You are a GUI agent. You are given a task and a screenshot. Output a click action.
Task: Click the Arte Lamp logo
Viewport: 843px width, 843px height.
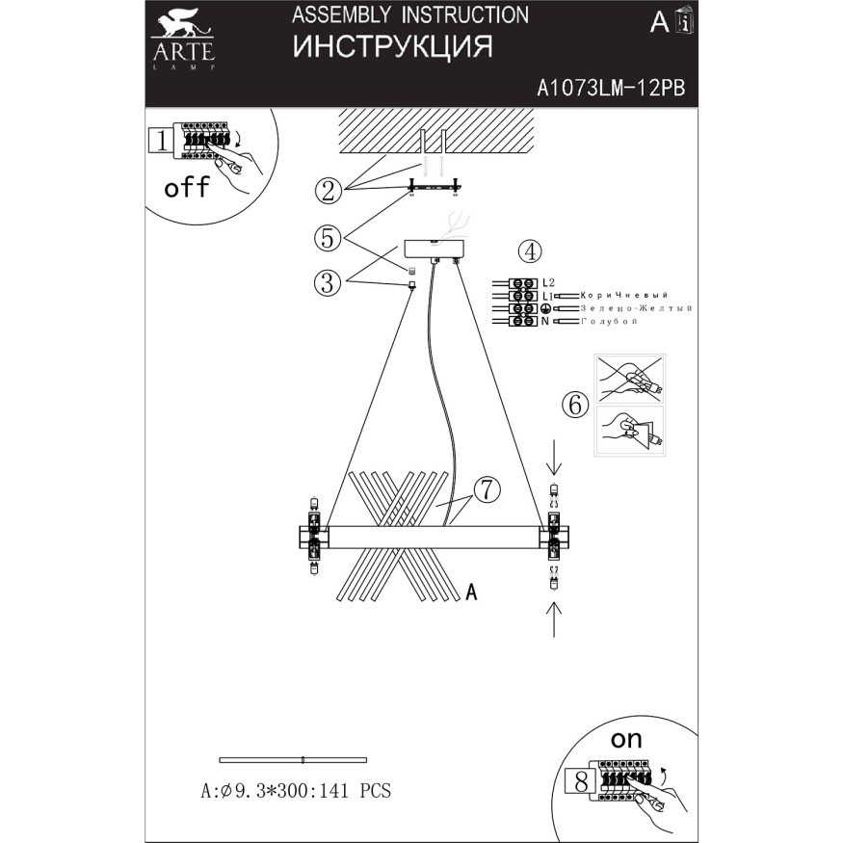pyautogui.click(x=182, y=40)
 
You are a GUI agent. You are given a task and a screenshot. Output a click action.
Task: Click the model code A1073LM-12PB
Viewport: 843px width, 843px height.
pyautogui.click(x=610, y=89)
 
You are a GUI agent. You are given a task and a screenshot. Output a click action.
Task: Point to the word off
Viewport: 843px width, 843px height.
pyautogui.click(x=186, y=187)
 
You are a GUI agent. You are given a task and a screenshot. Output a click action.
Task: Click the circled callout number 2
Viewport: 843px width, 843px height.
pyautogui.click(x=329, y=190)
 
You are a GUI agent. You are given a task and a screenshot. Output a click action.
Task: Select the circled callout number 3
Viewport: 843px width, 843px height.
pyautogui.click(x=329, y=282)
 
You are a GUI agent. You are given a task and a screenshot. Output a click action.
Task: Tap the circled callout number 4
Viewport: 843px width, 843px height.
pyautogui.click(x=529, y=251)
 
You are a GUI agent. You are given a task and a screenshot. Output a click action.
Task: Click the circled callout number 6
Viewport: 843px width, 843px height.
pyautogui.click(x=575, y=405)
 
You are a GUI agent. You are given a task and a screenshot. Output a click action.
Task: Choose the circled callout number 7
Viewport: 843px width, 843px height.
pyautogui.click(x=487, y=490)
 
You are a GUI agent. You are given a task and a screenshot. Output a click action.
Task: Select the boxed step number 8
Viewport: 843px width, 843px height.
pyautogui.click(x=581, y=779)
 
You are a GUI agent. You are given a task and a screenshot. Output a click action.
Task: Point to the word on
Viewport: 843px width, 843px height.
pyautogui.click(x=626, y=741)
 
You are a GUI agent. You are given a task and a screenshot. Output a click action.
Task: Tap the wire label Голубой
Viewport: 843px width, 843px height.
pyautogui.click(x=609, y=320)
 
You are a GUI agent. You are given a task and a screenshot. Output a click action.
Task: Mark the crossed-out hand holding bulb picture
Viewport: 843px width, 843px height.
pyautogui.click(x=630, y=379)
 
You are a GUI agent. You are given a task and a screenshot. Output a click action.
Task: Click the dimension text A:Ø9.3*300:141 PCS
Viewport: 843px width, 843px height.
pyautogui.click(x=295, y=792)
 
